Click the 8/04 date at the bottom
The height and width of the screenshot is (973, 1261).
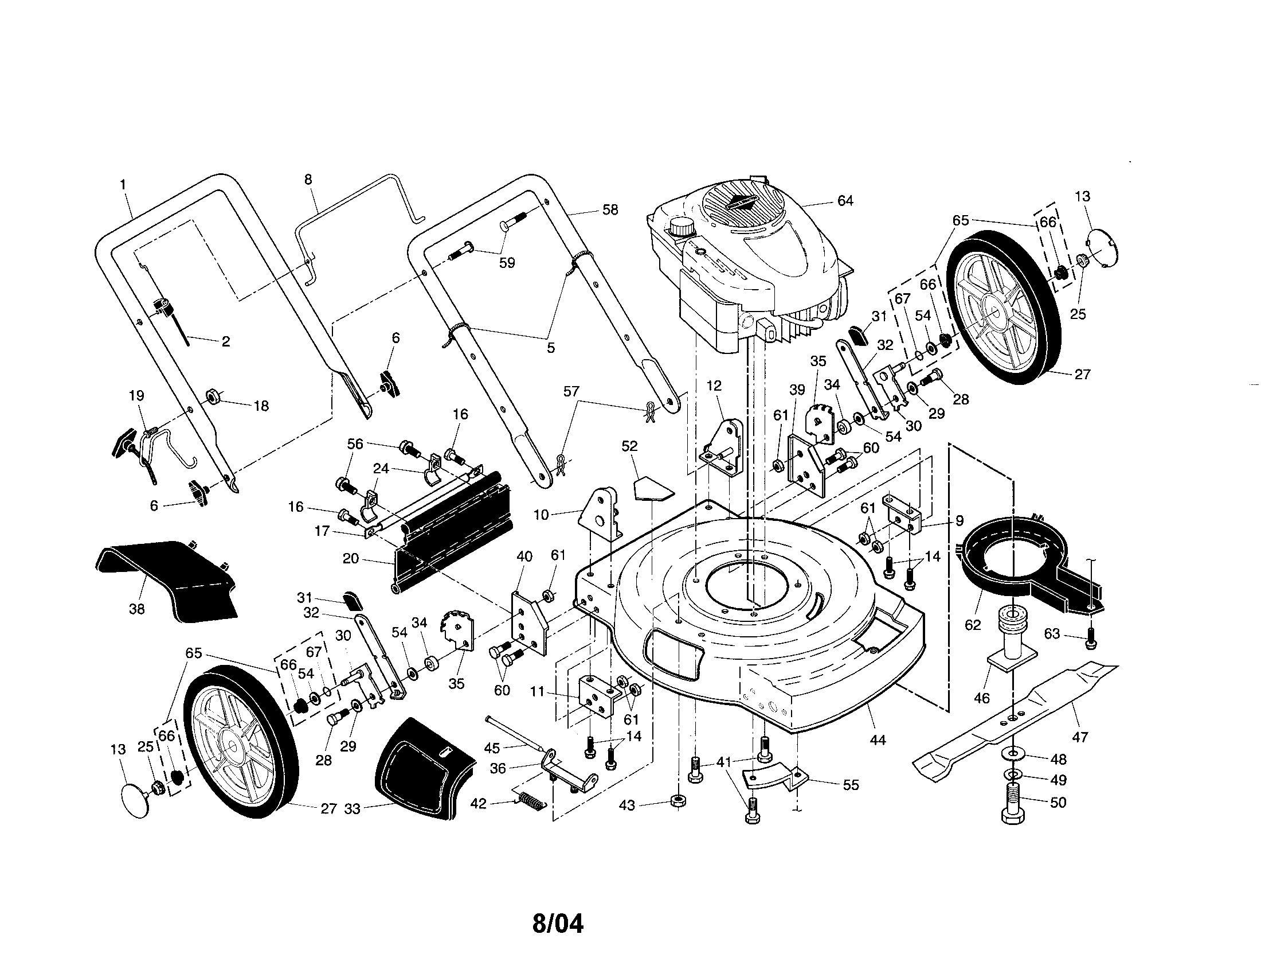coord(557,923)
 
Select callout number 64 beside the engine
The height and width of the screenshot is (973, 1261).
coord(845,201)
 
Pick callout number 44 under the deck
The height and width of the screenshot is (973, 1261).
coord(877,740)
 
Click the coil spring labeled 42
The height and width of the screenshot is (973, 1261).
coord(531,801)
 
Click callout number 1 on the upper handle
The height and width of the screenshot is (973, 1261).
coord(123,185)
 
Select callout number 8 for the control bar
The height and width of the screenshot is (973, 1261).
coord(308,180)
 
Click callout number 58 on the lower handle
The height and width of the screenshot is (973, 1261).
coord(610,210)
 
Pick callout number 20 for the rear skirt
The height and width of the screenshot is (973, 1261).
coord(350,559)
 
